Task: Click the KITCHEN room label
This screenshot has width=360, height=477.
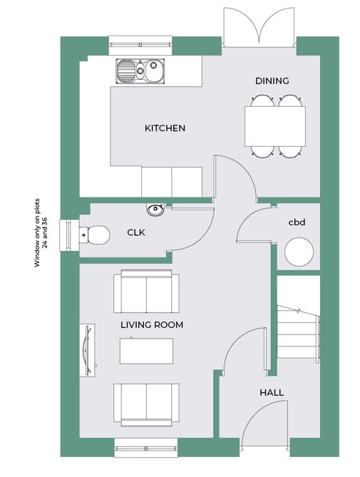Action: [165, 128]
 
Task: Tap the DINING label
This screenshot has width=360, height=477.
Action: [272, 81]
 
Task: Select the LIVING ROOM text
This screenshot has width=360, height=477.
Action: [152, 325]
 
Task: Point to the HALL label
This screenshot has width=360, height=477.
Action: [272, 392]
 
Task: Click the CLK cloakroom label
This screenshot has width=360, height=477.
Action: [136, 232]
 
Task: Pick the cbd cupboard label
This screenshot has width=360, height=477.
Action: [297, 222]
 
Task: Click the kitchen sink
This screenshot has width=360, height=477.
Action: [140, 71]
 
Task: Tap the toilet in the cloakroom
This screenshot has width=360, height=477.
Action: [94, 235]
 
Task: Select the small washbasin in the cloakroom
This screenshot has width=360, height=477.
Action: [155, 210]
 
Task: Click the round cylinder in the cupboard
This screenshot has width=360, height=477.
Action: [299, 252]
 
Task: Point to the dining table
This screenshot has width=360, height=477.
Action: [275, 126]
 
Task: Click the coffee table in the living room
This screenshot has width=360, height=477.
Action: [147, 351]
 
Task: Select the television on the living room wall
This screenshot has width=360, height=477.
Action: [88, 351]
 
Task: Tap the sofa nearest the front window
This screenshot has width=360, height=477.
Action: [146, 404]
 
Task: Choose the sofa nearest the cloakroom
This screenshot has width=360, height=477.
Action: [146, 291]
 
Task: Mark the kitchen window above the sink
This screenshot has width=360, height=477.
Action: [140, 46]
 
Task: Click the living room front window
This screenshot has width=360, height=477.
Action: [146, 448]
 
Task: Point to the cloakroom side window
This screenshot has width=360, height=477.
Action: [70, 235]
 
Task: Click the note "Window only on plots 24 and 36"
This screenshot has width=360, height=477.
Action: [41, 233]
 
